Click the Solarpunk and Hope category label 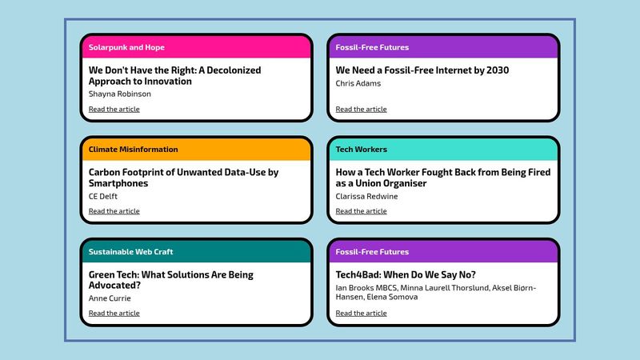point(126,47)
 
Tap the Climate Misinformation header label point(133,150)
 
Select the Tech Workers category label point(362,150)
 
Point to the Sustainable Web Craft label point(130,252)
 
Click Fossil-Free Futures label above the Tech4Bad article point(372,252)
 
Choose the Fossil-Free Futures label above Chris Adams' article point(372,47)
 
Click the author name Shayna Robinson point(119,94)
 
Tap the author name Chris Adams point(358,83)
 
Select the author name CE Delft point(103,196)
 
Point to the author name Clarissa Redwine point(366,196)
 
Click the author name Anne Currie point(110,298)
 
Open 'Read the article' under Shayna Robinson point(114,109)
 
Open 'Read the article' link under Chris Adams point(361,109)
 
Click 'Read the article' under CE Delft point(114,211)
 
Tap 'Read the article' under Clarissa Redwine point(361,211)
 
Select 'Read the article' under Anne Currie point(114,313)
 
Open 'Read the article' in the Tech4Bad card point(361,313)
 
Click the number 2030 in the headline point(498,70)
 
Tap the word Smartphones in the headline point(118,183)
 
